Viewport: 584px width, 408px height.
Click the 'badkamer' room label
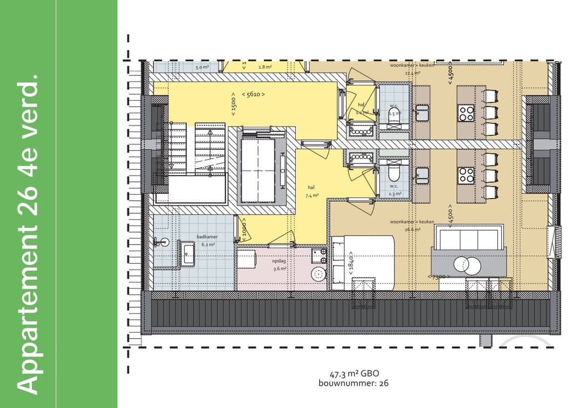[208, 236]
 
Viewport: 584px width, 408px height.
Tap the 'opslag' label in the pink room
[279, 261]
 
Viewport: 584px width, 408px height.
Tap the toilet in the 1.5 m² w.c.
[394, 114]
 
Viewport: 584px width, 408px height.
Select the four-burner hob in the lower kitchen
[466, 174]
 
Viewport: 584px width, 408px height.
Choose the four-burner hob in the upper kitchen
[466, 113]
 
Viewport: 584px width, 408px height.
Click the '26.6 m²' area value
[412, 229]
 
